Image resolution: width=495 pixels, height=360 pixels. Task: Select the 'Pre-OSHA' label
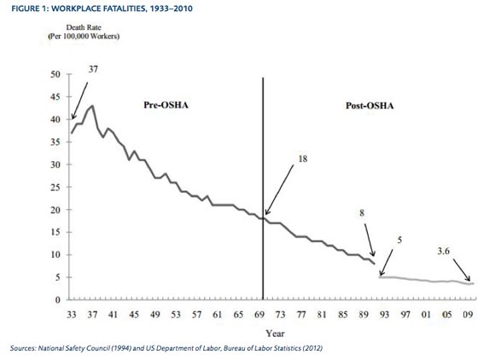click(162, 106)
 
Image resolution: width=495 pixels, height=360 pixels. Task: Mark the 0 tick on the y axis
click(55, 300)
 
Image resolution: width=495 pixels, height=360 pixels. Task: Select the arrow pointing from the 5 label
click(385, 261)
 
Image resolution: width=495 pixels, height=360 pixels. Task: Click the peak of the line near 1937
click(92, 107)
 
